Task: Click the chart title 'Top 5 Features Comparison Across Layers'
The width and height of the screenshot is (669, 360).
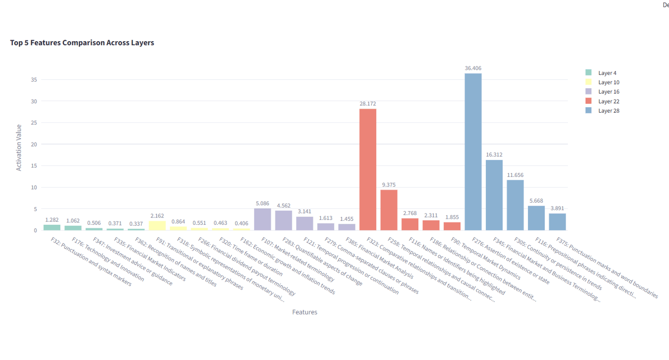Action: click(82, 43)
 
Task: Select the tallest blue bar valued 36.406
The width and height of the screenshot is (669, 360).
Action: click(473, 152)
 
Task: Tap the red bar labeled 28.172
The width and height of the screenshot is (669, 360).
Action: click(368, 169)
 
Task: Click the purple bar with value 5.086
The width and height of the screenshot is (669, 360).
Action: click(263, 219)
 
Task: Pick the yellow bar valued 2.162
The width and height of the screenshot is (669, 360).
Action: click(157, 226)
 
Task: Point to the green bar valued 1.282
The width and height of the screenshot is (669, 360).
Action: click(52, 227)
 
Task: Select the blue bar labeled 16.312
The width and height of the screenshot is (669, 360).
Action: click(494, 195)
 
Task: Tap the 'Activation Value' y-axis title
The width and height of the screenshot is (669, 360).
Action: click(19, 147)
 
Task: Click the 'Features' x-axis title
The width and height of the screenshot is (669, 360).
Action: click(305, 312)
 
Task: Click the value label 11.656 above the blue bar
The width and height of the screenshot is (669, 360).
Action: click(515, 175)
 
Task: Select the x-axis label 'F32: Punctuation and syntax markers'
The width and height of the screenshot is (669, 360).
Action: click(91, 262)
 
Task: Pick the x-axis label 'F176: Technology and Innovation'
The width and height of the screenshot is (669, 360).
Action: click(108, 259)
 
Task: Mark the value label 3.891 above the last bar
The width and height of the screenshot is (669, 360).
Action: click(557, 208)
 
